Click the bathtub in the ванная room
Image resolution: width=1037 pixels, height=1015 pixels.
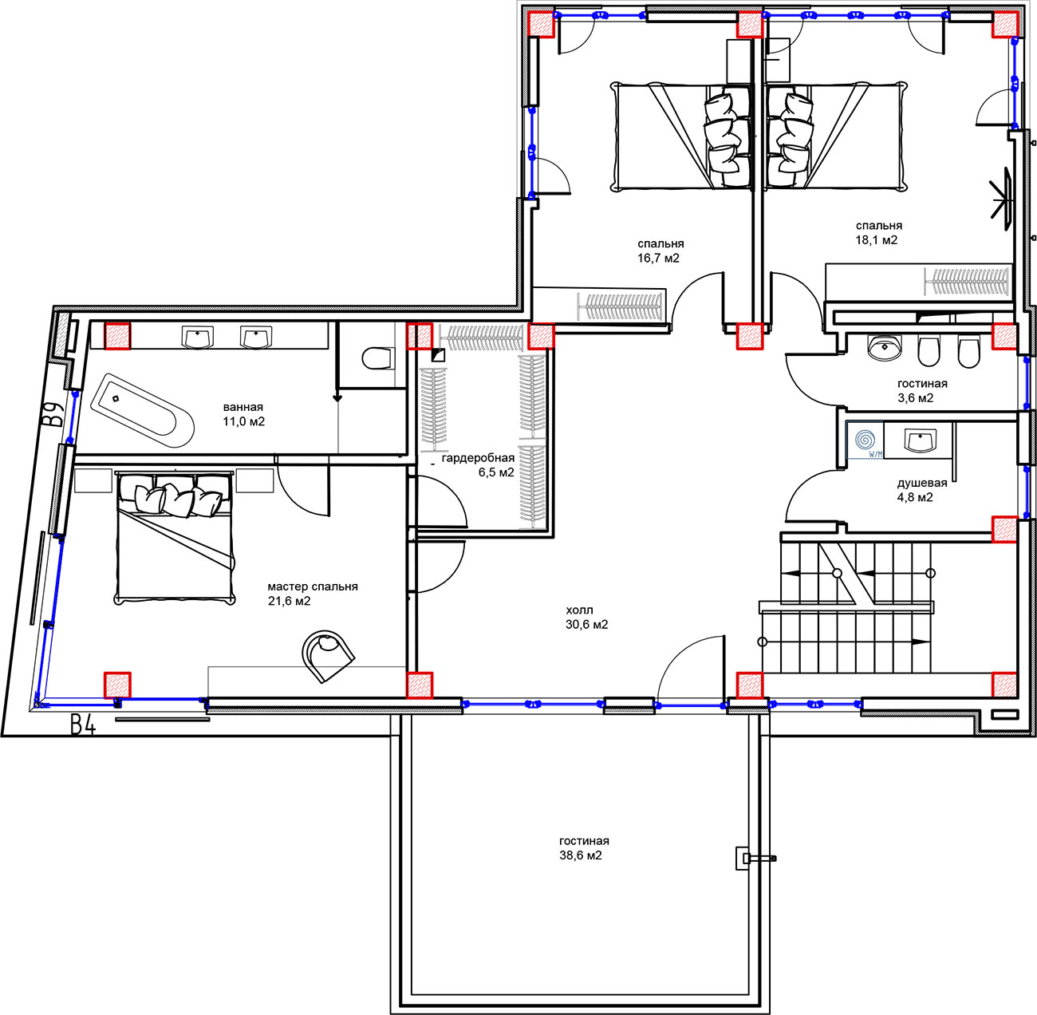(140, 410)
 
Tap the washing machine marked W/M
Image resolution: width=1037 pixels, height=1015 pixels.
(865, 440)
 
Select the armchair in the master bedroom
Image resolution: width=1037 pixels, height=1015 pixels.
(328, 656)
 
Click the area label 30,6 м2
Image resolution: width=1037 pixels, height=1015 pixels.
(587, 624)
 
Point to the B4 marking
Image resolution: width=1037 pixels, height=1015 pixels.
(83, 726)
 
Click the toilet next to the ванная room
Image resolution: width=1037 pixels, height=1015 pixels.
(378, 358)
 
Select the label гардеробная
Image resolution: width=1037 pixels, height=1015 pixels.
(478, 458)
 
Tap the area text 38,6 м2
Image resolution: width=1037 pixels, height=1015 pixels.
(580, 855)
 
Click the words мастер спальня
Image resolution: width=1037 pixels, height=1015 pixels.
(313, 587)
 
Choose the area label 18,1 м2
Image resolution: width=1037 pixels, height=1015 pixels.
(877, 240)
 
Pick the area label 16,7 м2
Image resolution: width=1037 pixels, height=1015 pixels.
(659, 259)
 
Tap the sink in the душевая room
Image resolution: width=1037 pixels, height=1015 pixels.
(921, 440)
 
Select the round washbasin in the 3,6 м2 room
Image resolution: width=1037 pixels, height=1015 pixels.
(885, 348)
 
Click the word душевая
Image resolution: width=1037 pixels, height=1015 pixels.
(922, 483)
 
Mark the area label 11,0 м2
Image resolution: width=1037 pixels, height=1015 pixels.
(243, 421)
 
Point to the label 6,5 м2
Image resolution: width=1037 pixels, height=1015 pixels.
(496, 472)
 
